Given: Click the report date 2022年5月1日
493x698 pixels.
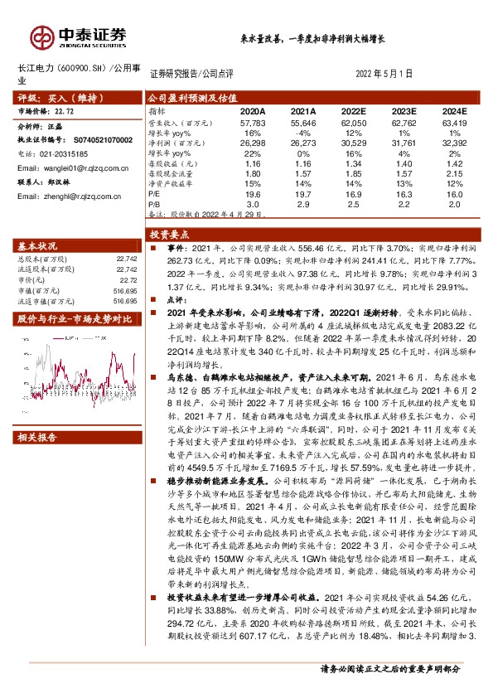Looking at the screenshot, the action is tap(389, 73).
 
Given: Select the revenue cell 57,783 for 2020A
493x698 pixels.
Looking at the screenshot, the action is tap(252, 121).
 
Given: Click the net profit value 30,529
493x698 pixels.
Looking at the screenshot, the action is tap(355, 142).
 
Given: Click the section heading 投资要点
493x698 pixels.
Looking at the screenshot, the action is tap(169, 234).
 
